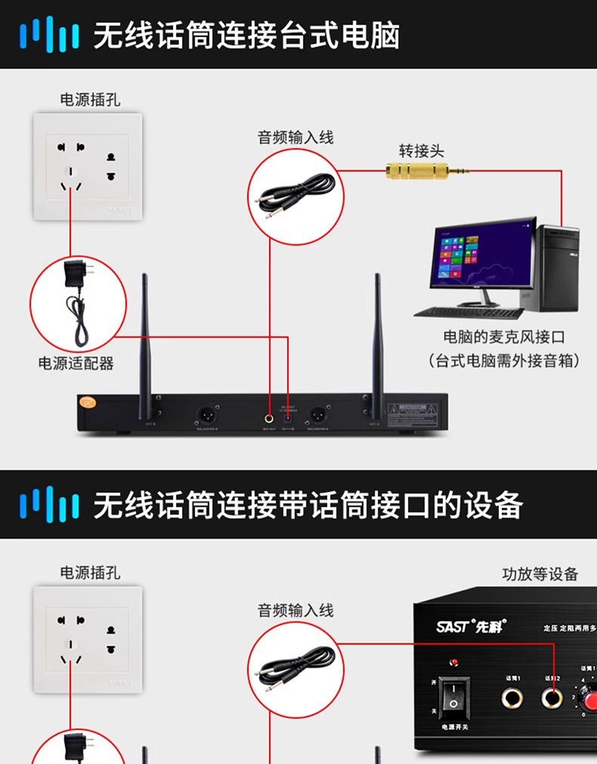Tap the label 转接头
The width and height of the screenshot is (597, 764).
422,150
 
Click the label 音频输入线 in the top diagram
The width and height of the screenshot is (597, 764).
295,138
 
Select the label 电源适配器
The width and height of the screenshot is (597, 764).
76,363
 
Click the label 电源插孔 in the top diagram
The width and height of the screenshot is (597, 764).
90,100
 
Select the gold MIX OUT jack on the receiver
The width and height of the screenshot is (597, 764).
269,416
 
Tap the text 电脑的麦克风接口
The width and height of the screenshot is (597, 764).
504,338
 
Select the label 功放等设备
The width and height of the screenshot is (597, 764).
540,574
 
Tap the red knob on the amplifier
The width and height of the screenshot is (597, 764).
590,697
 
